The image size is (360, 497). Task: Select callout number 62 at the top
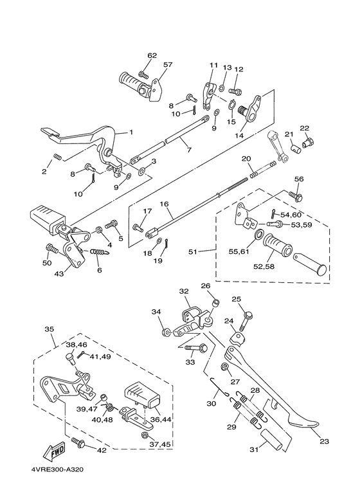click(152, 56)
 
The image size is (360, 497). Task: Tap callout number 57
click(168, 66)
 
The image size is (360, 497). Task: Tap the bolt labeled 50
click(50, 248)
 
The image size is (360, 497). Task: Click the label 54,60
click(291, 214)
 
